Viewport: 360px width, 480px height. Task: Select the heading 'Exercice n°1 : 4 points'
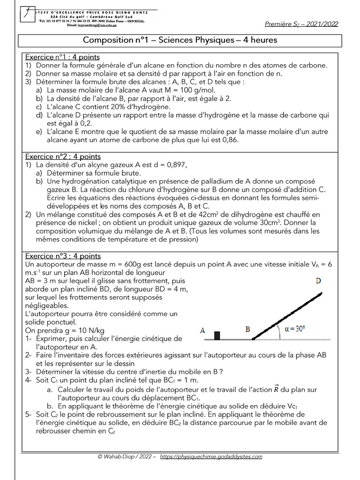coord(62,57)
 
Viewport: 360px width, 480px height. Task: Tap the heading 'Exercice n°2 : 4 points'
coord(63,157)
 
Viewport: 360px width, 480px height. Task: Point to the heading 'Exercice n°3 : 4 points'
coord(63,256)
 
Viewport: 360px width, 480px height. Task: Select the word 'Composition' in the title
coord(107,40)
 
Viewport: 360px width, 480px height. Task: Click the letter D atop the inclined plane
coord(318,281)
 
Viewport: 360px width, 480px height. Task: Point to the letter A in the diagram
coord(203,330)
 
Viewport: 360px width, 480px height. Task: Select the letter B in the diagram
coord(248,330)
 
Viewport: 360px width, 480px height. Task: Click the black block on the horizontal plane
coord(217,335)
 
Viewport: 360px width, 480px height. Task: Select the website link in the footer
coord(211,457)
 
